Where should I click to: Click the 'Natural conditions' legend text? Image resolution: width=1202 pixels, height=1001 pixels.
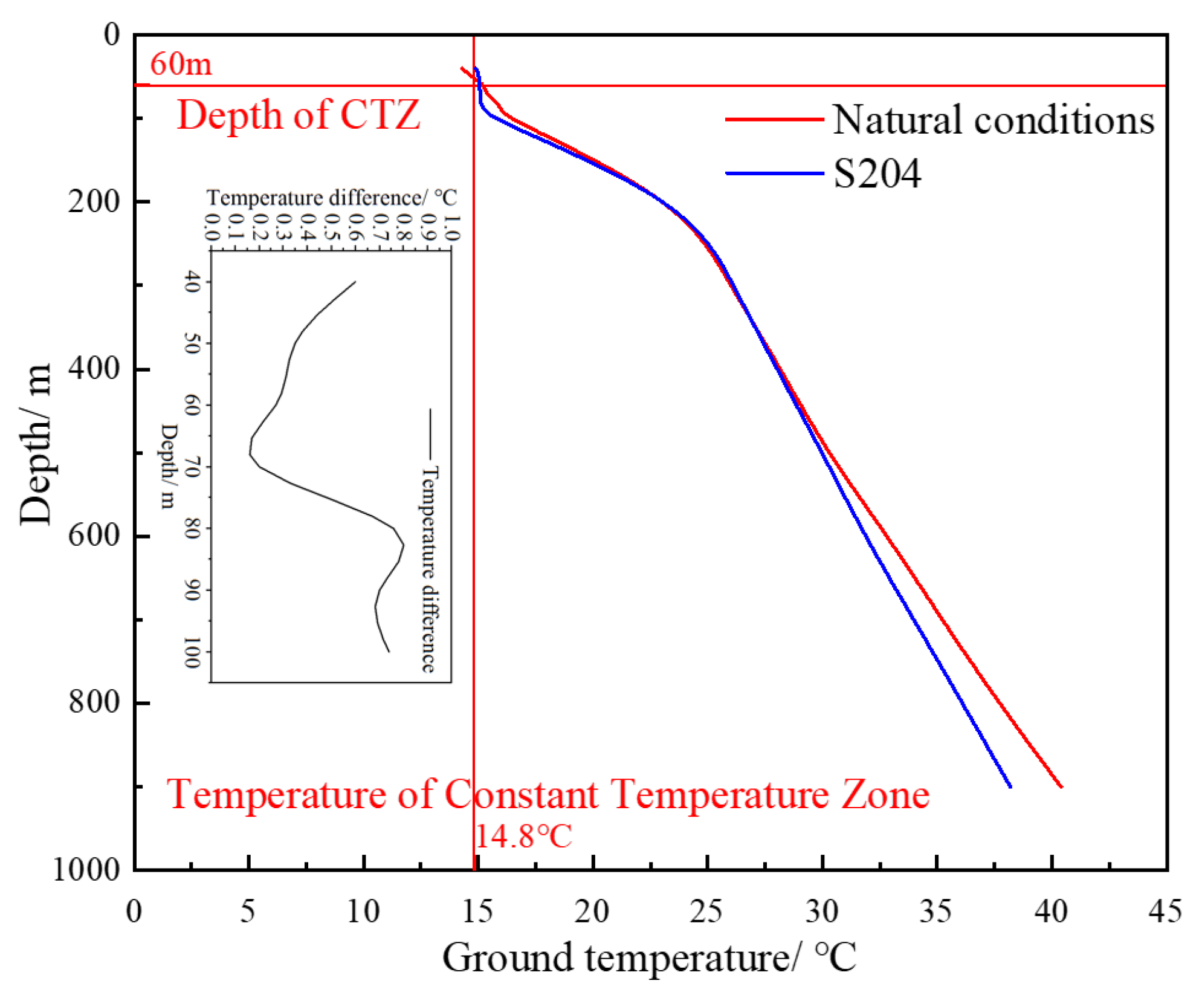(x=992, y=120)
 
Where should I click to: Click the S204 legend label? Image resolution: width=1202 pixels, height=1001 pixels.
(x=876, y=174)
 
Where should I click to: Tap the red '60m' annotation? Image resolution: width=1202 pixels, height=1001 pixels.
(x=181, y=64)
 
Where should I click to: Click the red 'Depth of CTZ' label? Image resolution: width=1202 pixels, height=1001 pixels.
(x=298, y=114)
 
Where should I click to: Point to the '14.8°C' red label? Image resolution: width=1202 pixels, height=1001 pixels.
(x=523, y=837)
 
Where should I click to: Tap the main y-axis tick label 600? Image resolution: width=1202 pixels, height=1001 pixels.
(x=94, y=535)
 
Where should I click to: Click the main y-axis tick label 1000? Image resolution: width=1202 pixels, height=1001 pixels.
(x=86, y=870)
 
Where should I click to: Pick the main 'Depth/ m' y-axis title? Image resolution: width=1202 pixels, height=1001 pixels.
(x=34, y=444)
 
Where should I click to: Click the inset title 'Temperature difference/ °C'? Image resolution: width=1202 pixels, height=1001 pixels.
(x=331, y=198)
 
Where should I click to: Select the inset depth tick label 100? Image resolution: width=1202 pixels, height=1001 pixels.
(x=192, y=652)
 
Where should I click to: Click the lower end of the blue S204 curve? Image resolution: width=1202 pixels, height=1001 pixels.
(x=1010, y=786)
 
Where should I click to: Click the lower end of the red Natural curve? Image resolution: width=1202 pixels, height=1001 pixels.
(x=1061, y=786)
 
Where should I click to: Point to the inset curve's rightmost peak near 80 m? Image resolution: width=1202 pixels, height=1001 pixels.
(x=403, y=546)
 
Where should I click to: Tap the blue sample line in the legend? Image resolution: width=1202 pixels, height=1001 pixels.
(x=774, y=173)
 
